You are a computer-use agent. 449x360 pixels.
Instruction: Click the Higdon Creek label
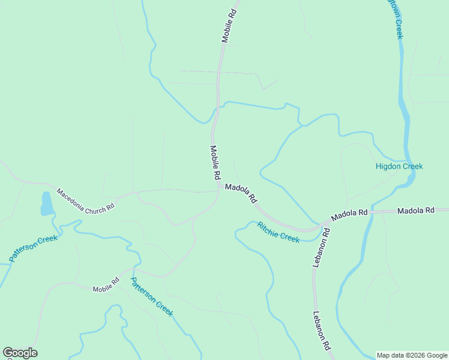[399, 166]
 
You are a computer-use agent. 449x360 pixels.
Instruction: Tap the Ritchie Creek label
[278, 232]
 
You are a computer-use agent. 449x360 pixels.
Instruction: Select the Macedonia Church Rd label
[85, 200]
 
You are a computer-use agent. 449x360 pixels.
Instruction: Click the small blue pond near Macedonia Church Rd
[46, 203]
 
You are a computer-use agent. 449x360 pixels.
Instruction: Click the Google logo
[20, 353]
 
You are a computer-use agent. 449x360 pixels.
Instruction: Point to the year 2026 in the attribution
[414, 355]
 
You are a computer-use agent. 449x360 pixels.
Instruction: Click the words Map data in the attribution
[391, 355]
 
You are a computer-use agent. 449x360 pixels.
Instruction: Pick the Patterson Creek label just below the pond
[34, 248]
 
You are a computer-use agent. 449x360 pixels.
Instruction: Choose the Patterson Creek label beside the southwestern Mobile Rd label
[152, 297]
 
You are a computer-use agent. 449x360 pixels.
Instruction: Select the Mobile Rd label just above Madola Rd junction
[215, 163]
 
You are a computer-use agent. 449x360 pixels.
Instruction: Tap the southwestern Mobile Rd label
[106, 285]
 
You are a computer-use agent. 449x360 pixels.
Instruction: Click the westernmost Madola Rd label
[241, 193]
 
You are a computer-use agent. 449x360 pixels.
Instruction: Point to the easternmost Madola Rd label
[415, 211]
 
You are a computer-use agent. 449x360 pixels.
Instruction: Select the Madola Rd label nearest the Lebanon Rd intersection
[349, 214]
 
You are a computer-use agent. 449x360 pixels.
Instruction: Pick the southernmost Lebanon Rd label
[322, 331]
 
